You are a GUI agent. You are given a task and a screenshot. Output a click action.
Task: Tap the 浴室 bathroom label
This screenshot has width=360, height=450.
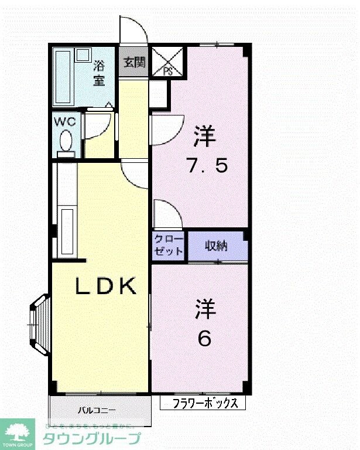99,74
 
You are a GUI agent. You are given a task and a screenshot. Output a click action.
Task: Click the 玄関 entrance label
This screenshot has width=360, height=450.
134,62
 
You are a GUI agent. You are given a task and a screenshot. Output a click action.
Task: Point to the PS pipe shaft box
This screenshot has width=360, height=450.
167,62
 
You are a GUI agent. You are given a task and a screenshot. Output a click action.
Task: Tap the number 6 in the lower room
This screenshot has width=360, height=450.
204,338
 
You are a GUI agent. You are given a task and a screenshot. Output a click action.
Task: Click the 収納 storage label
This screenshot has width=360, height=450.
215,246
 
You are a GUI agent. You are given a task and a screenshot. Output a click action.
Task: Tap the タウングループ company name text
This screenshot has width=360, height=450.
92,438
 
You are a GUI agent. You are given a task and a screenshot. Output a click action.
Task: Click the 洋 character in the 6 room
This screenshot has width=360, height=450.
205,309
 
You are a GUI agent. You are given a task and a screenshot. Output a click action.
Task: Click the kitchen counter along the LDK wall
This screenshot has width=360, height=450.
67,211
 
